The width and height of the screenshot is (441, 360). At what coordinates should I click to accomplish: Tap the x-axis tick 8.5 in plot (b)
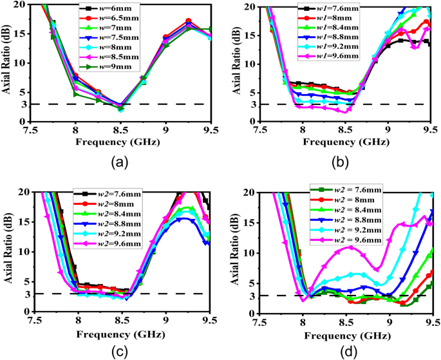pyautogui.click(x=345, y=129)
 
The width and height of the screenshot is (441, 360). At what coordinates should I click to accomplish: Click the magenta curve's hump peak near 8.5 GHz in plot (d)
pyautogui.click(x=349, y=247)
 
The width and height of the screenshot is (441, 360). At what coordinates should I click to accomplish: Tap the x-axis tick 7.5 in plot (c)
pyautogui.click(x=34, y=319)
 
